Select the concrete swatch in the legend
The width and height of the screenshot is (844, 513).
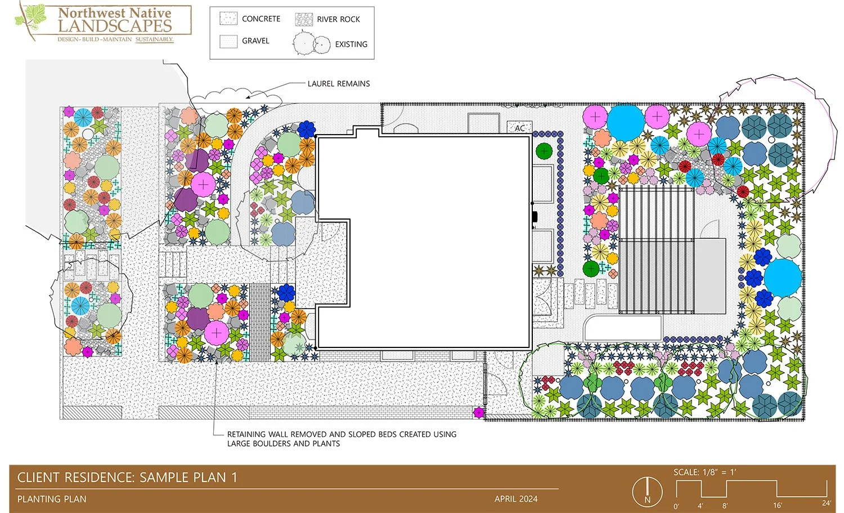(x=228, y=19)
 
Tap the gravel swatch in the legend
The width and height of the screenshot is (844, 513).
(x=228, y=41)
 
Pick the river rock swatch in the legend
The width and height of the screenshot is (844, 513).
(x=304, y=19)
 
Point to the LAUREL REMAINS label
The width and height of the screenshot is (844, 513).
(x=338, y=83)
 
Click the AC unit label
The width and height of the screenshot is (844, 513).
(x=519, y=128)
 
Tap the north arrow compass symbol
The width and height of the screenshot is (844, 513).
(x=647, y=492)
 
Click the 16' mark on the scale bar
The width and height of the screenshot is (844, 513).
(x=777, y=505)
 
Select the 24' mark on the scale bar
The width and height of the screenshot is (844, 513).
(x=826, y=503)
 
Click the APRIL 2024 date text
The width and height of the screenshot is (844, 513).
(x=516, y=499)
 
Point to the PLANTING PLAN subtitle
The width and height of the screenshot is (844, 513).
(x=52, y=499)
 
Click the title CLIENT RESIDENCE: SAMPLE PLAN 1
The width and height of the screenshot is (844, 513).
(x=127, y=478)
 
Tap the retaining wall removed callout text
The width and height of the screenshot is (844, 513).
(x=341, y=439)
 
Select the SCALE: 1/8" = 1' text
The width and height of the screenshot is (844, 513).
(x=704, y=472)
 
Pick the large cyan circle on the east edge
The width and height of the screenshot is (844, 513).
(x=782, y=276)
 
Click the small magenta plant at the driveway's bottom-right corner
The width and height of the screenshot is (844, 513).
(x=478, y=413)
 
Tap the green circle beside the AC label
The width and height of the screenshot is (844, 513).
(x=544, y=150)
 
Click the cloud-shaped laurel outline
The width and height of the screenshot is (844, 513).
(x=236, y=97)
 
